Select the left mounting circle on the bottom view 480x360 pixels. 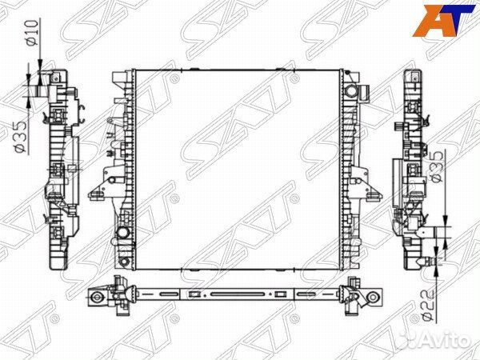point(97,298)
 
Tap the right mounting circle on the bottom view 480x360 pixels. point(371,298)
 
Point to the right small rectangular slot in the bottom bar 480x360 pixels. point(281,294)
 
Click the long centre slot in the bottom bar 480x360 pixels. point(237,294)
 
